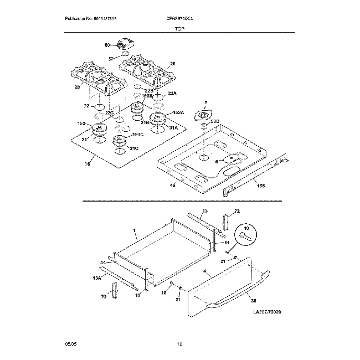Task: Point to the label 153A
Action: pyautogui.click(x=177, y=112)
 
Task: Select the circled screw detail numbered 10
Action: pyautogui.click(x=246, y=233)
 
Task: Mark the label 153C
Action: pyautogui.click(x=137, y=135)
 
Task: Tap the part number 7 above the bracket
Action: pyautogui.click(x=204, y=102)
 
